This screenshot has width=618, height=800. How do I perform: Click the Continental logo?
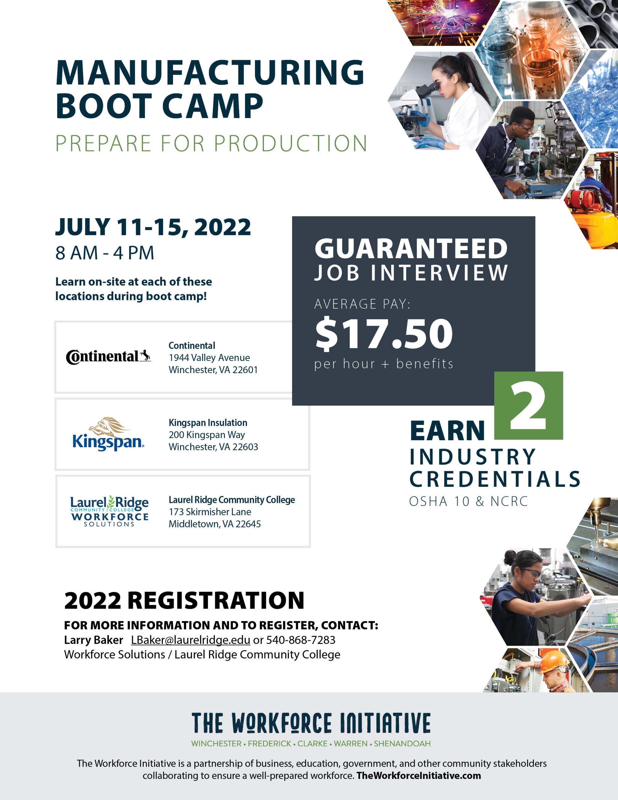(x=108, y=356)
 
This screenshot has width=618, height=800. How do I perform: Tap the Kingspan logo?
(x=108, y=434)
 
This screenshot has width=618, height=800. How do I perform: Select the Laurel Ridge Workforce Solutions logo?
(x=109, y=511)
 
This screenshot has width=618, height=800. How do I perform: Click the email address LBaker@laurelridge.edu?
(x=190, y=640)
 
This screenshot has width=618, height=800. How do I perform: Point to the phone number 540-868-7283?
(x=301, y=640)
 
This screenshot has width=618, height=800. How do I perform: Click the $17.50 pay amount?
(x=384, y=334)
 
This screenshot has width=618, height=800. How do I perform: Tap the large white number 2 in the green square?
(x=528, y=408)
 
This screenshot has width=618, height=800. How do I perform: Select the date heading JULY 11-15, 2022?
(x=153, y=227)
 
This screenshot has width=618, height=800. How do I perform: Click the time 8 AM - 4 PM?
(x=105, y=253)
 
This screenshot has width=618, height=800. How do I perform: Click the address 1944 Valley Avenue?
(x=210, y=358)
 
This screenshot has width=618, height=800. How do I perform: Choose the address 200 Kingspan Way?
(x=207, y=435)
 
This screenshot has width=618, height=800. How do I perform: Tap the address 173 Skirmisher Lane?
(x=210, y=512)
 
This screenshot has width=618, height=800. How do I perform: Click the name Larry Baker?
(x=93, y=640)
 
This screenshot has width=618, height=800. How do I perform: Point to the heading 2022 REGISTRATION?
(x=184, y=600)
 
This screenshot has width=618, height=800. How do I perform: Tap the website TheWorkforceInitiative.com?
(x=418, y=776)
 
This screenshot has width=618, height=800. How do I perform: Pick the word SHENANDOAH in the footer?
(x=402, y=744)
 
